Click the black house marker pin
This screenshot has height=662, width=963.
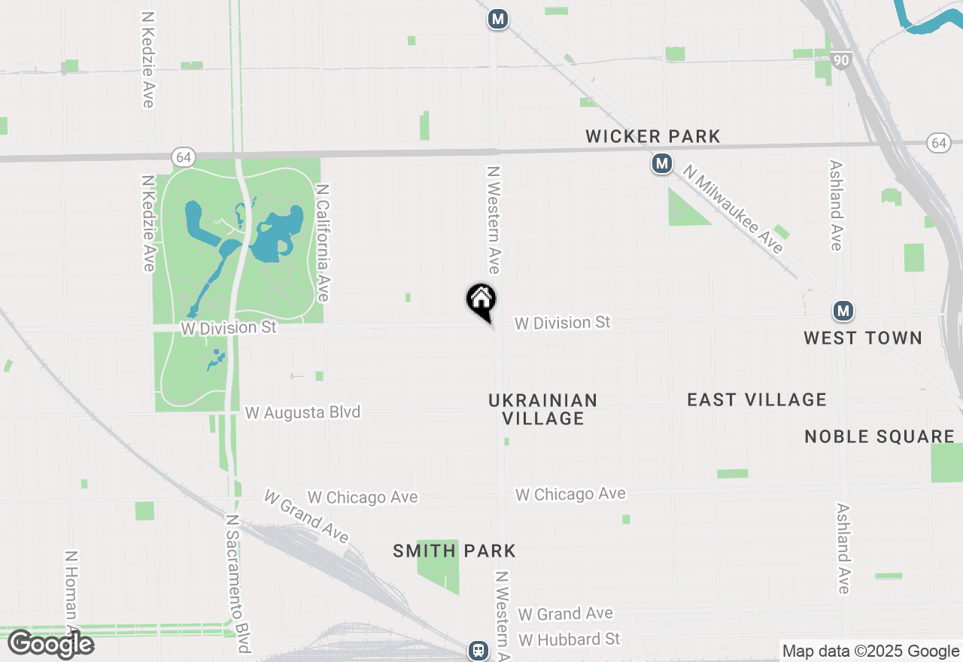point(481,301)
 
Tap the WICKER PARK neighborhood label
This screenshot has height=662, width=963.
point(653,136)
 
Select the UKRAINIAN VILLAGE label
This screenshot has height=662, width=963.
point(542,409)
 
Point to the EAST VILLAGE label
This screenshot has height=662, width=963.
point(757,399)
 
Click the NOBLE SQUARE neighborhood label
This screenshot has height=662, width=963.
point(879,436)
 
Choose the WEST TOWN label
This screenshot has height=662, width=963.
point(863,338)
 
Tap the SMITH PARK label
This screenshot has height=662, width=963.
point(454,551)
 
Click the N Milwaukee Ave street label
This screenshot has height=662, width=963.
point(734,210)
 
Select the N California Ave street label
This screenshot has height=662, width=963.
point(324,243)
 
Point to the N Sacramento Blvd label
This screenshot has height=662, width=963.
point(238,584)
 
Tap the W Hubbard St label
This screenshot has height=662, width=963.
point(569,639)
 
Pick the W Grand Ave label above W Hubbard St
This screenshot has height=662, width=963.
point(565,614)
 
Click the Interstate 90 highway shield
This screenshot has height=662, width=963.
point(841,59)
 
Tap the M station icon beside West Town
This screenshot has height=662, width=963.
point(843,311)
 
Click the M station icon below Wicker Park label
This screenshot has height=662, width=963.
point(662,163)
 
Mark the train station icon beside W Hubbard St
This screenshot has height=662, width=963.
point(478,650)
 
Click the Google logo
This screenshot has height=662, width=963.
point(50,644)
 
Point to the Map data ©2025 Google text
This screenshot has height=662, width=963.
point(870,651)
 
